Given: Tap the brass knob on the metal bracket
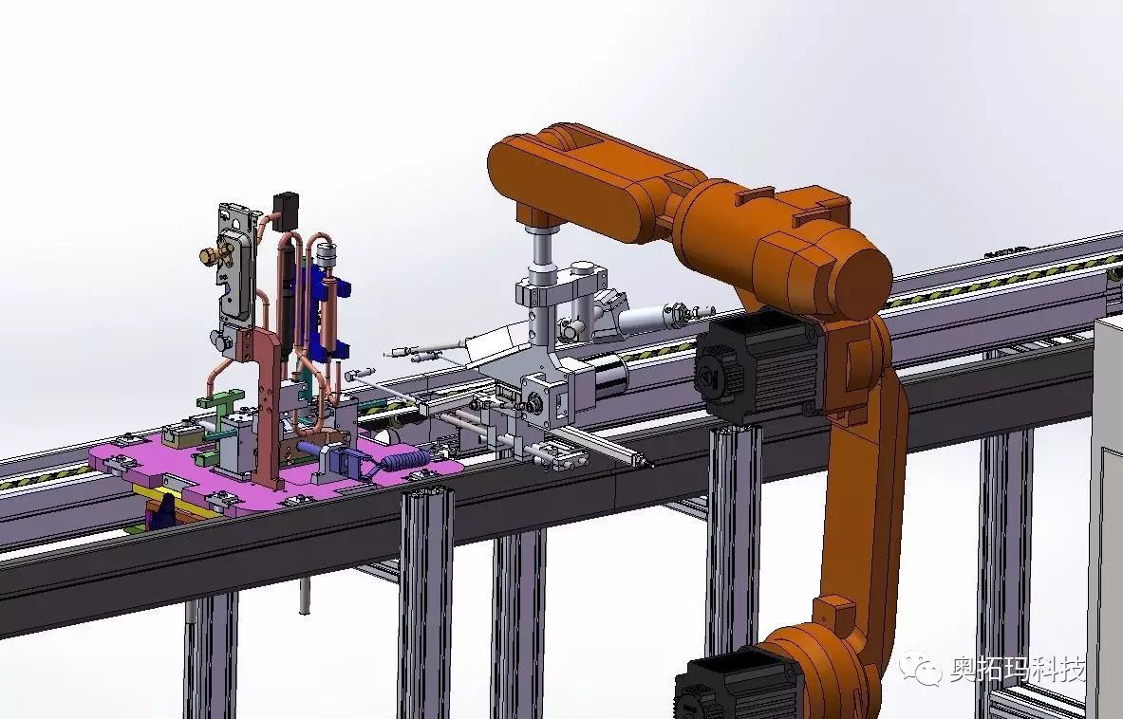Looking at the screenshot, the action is [x=212, y=254].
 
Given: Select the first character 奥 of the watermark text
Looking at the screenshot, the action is [x=964, y=669].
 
